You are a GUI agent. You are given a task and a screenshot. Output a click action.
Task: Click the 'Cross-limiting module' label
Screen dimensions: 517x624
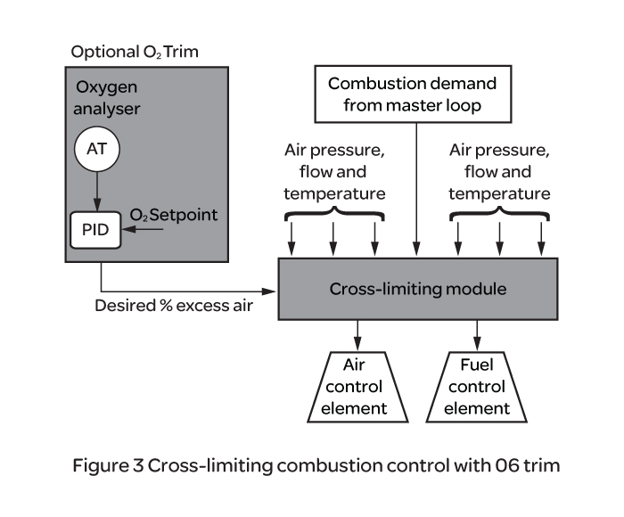point(418,290)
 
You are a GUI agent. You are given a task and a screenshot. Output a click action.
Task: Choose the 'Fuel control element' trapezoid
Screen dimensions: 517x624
point(484,388)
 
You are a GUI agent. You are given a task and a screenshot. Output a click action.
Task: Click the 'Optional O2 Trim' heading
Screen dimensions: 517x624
point(135,51)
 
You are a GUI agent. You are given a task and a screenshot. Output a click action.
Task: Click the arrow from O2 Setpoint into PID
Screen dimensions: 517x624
point(145,230)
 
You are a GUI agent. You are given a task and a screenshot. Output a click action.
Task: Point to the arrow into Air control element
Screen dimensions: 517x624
point(357,335)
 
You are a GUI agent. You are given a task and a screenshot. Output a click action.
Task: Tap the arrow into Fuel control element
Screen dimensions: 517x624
point(478,335)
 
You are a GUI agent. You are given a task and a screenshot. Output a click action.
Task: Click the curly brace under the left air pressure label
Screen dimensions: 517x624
point(333,214)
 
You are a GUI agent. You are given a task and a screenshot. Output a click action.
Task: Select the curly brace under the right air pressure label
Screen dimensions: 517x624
point(499,214)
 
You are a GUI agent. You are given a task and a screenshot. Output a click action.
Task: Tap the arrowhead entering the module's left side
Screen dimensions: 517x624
point(271,291)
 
